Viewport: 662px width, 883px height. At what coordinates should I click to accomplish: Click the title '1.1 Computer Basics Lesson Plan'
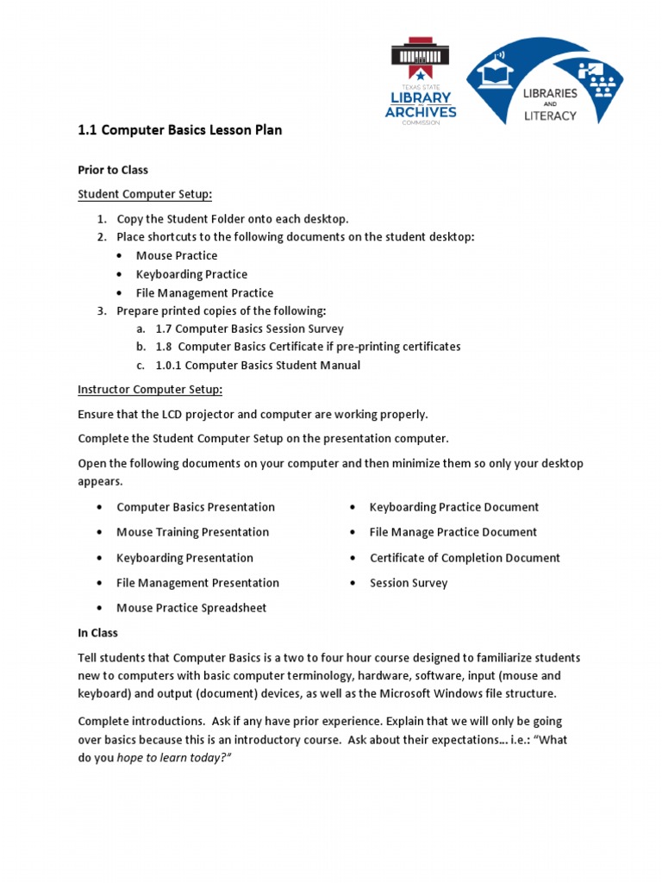point(180,131)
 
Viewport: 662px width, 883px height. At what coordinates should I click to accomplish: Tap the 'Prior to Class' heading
point(113,170)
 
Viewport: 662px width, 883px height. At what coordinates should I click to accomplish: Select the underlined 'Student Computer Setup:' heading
point(145,194)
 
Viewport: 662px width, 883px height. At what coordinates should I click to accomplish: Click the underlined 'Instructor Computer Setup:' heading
point(150,389)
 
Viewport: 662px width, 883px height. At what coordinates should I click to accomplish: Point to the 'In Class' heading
point(97,633)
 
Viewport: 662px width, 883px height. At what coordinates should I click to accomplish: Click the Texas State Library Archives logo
point(421,82)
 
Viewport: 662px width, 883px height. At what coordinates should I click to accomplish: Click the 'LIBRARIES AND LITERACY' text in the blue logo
point(550,103)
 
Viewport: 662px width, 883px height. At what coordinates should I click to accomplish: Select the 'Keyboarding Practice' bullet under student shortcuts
point(191,274)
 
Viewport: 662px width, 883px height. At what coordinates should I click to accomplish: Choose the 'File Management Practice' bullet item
point(204,293)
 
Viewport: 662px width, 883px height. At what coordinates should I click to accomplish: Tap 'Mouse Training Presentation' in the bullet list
point(192,532)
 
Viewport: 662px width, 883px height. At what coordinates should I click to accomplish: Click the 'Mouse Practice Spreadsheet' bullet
point(191,608)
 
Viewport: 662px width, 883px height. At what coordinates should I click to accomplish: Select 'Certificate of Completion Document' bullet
point(465,558)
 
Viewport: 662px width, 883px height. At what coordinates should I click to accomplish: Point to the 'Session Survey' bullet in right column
point(409,583)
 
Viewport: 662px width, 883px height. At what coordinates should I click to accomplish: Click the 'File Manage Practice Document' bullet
point(453,532)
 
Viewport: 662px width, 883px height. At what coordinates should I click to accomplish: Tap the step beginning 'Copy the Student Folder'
point(233,219)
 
